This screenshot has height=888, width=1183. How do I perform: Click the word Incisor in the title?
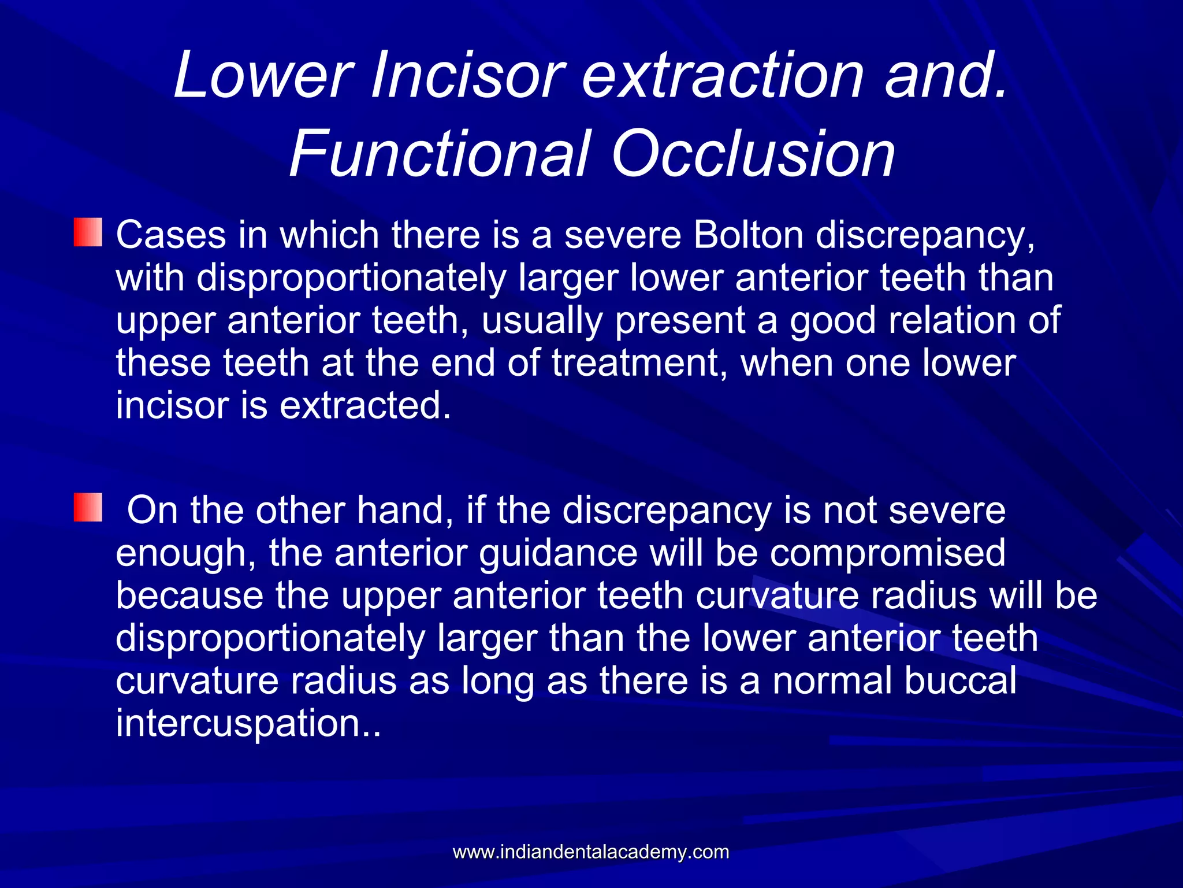tap(468, 75)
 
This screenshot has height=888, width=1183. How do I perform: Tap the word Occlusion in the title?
tap(753, 154)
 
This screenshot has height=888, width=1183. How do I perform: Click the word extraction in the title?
tap(722, 75)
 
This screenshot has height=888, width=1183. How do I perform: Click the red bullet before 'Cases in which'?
tap(88, 232)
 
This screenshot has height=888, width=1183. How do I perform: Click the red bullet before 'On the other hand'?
tap(88, 507)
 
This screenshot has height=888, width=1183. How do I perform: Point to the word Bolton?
tap(749, 235)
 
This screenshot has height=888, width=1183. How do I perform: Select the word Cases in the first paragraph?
tap(170, 235)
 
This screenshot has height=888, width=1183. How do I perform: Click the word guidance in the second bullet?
tap(558, 553)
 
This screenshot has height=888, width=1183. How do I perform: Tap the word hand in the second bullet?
tap(404, 510)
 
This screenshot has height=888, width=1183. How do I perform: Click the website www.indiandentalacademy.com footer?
tap(590, 852)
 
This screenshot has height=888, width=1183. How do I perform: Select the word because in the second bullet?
tap(189, 595)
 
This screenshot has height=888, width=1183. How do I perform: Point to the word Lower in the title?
tap(263, 75)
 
